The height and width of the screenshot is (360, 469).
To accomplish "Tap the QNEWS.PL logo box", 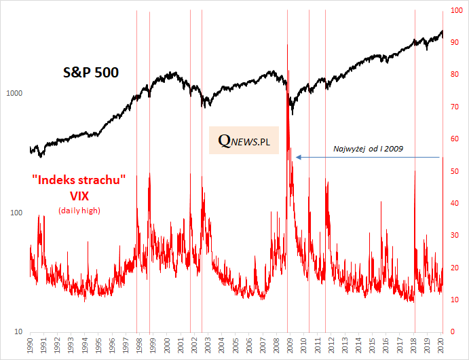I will coord(244,140).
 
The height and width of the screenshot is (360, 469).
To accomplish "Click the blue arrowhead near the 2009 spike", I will coord(298,157).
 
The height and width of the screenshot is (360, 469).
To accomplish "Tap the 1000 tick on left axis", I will coord(15,93).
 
